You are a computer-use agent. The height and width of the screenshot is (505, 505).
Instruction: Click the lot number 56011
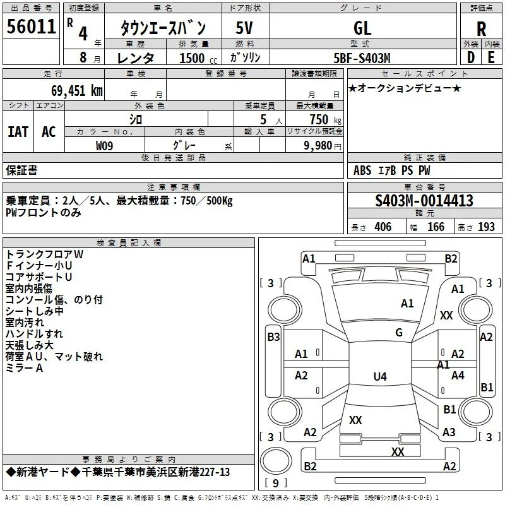tap(31, 26)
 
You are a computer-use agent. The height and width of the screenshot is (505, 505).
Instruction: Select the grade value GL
tap(362, 28)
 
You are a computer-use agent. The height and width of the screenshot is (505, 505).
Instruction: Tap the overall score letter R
tap(481, 29)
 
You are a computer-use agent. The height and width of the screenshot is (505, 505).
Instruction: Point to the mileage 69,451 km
tap(77, 91)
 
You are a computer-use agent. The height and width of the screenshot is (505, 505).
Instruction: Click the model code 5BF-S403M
tap(362, 58)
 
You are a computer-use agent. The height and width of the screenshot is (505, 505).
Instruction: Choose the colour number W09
tap(104, 146)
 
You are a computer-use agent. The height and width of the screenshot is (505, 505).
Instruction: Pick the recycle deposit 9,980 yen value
tap(323, 146)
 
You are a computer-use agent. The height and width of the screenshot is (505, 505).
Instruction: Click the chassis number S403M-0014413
tap(424, 201)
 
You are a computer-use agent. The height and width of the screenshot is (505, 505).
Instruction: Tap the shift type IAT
tap(18, 132)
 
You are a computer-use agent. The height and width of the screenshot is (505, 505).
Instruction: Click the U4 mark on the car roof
tap(380, 376)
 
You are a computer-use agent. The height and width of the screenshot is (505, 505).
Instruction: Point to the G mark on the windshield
tap(399, 333)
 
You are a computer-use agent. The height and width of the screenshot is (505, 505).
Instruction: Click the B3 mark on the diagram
tap(273, 337)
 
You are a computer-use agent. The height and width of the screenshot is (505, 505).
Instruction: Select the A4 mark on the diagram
tap(458, 375)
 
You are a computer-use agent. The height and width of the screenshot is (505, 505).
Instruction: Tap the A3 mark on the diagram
tap(449, 432)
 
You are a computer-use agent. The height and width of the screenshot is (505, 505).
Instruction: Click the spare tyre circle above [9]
tap(276, 461)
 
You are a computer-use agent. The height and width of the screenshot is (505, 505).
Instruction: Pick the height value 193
tap(486, 227)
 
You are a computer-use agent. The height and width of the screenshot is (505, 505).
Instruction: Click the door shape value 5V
tap(244, 28)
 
